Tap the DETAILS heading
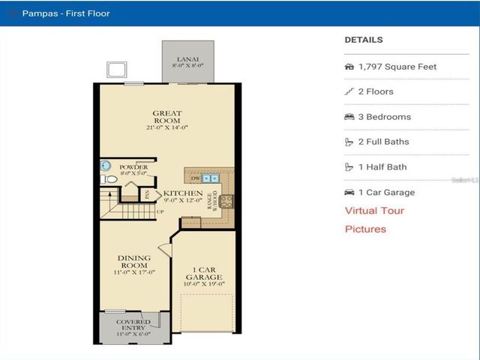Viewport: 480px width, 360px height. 363,40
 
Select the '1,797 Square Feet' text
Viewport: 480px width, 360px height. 397,67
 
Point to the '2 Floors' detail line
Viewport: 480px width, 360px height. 376,91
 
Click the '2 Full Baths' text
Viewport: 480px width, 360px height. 383,142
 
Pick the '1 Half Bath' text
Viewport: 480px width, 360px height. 382,167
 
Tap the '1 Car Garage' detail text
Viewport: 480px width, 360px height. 386,192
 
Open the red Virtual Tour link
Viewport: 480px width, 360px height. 374,211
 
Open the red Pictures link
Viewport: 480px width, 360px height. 365,229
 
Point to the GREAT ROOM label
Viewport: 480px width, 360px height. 166,117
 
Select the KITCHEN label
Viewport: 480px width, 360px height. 183,193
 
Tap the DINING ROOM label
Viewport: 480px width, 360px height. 134,262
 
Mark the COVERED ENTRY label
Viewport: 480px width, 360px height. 133,325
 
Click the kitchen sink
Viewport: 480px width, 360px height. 209,178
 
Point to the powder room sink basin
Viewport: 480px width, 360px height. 106,166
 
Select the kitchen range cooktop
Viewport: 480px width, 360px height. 225,200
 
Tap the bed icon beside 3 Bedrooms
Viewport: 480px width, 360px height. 349,117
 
